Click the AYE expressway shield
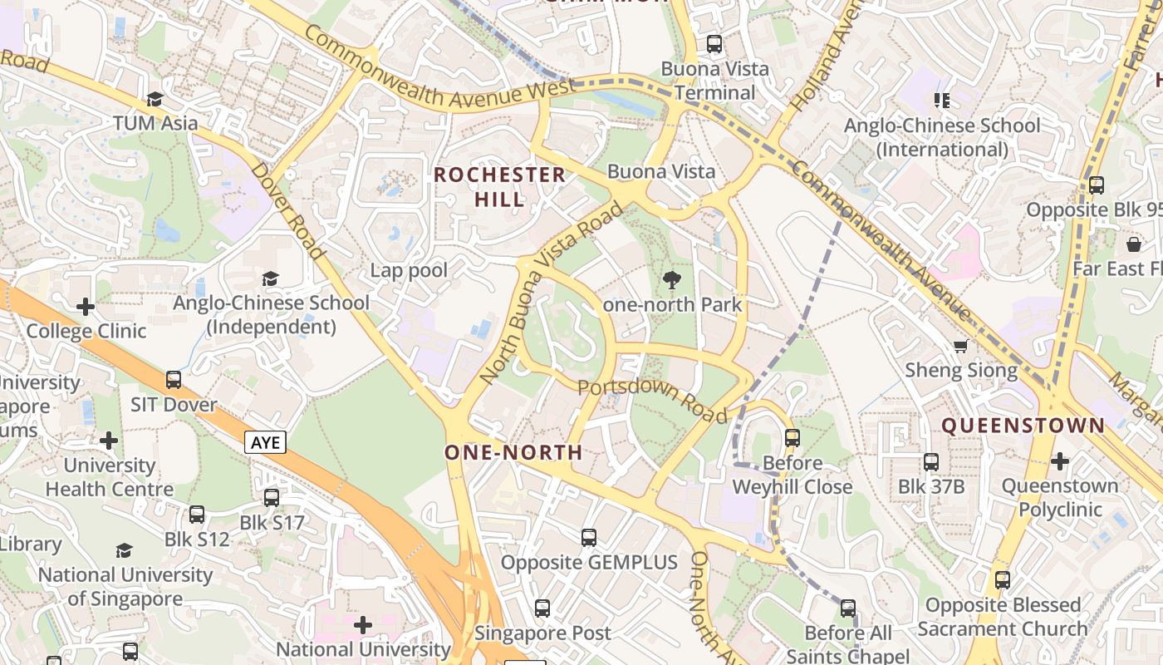point(266,442)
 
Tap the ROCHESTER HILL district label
point(499,187)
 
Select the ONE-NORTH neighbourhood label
point(513,452)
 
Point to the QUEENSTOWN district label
point(1023,426)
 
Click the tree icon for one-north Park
point(672,280)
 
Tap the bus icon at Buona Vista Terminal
point(714,44)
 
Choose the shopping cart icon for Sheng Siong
point(960,346)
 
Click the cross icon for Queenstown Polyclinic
point(1060,461)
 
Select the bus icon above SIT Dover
point(174,380)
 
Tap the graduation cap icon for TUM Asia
point(155,100)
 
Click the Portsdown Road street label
point(651,401)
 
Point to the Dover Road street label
point(287,210)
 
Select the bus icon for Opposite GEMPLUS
point(589,538)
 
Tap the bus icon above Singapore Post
point(542,608)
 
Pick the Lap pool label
point(409,270)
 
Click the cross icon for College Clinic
point(86,307)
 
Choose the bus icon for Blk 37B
point(931,462)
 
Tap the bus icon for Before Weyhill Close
point(793,438)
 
